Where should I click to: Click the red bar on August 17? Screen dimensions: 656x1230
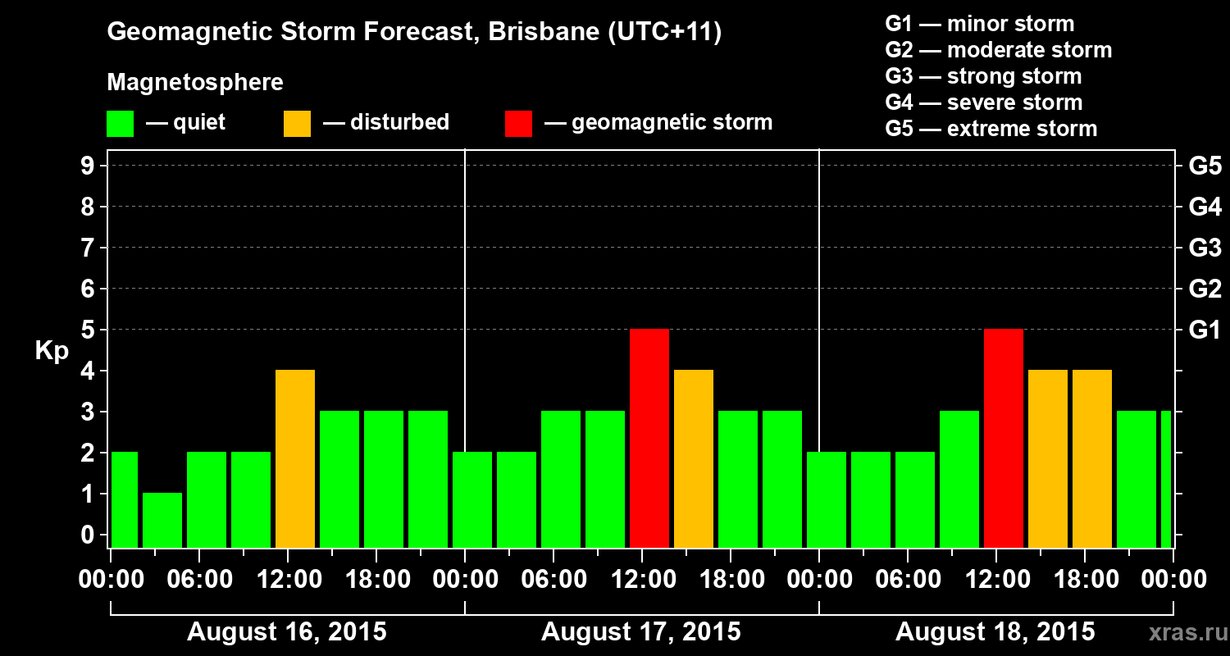click(x=649, y=438)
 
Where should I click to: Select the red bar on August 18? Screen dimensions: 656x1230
click(x=1004, y=438)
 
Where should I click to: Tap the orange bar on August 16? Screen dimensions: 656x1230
click(x=295, y=458)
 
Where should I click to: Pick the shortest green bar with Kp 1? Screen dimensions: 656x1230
click(x=162, y=520)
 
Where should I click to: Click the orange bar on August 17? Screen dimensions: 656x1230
click(x=694, y=458)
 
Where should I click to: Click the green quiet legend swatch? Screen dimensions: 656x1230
click(x=121, y=124)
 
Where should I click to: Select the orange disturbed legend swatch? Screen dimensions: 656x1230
click(x=298, y=124)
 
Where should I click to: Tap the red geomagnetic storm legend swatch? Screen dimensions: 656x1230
click(x=519, y=124)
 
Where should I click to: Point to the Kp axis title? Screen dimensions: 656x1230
click(x=52, y=350)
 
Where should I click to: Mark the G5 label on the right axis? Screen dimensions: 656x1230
click(x=1205, y=166)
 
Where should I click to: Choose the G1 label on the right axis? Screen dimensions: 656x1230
click(x=1205, y=330)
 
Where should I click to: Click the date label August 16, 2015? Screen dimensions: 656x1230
click(x=287, y=632)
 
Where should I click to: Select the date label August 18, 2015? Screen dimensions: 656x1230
click(x=995, y=632)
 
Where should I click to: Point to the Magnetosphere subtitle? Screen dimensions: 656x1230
click(x=195, y=83)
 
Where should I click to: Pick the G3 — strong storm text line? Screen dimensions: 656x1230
click(x=983, y=76)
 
